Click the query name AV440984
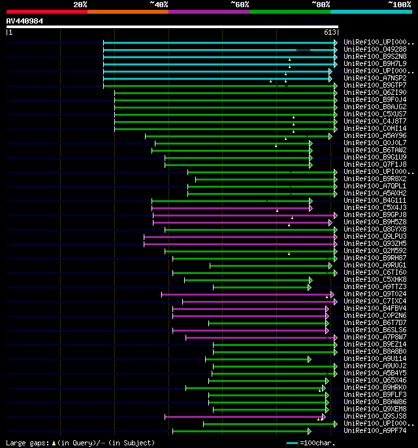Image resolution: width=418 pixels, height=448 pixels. point(25,21)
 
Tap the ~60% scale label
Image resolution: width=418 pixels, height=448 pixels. point(240,5)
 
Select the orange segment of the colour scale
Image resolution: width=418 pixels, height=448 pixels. point(127,12)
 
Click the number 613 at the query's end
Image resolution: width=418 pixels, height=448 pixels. point(330,32)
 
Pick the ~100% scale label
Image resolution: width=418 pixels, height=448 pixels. point(398,5)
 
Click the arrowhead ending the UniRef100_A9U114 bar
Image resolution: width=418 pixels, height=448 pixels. point(310,359)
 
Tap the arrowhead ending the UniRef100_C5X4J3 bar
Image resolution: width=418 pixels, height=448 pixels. point(311,208)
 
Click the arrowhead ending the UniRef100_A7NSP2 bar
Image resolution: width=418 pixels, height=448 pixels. point(330,78)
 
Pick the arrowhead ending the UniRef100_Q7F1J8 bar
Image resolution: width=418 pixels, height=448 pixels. point(311,165)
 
